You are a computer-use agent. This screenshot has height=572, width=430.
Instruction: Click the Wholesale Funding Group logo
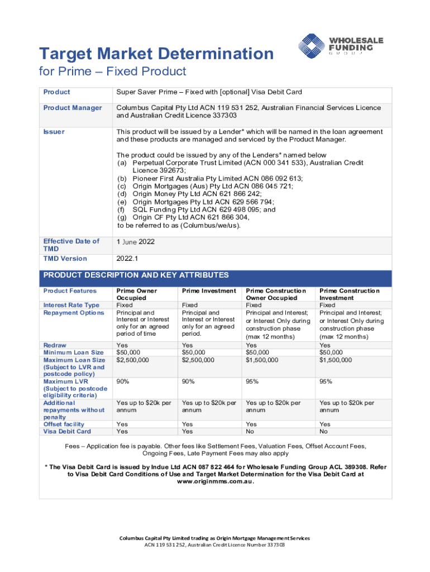[340, 46]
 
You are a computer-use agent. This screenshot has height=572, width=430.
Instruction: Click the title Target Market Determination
[156, 54]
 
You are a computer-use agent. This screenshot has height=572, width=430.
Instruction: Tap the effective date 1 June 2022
[135, 242]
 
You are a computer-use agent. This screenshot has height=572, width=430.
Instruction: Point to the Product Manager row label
[73, 108]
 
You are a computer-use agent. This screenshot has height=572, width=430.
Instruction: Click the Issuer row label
[54, 132]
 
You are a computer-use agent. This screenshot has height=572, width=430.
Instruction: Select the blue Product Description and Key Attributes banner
[215, 275]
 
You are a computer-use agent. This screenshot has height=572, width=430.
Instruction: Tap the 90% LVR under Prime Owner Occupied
[123, 382]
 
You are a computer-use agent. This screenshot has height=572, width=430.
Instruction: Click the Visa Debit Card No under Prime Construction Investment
[323, 431]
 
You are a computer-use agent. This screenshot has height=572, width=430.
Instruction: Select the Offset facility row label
[64, 424]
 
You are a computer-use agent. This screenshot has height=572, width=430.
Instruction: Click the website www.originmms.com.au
[215, 482]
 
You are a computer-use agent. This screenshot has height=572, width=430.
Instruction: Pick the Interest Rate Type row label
[71, 305]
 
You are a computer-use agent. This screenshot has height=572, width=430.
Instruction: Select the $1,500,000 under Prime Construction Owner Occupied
[262, 360]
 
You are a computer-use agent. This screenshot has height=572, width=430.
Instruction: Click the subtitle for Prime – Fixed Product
[112, 72]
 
